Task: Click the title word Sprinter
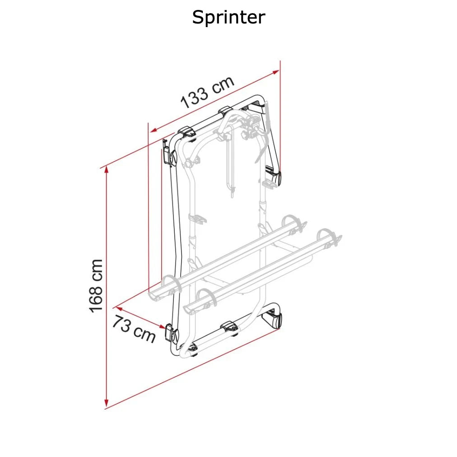click(x=228, y=18)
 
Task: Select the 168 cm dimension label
click(x=96, y=286)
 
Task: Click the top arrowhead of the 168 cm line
click(x=107, y=169)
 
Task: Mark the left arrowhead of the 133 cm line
click(x=154, y=130)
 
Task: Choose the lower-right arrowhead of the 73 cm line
click(x=161, y=326)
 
